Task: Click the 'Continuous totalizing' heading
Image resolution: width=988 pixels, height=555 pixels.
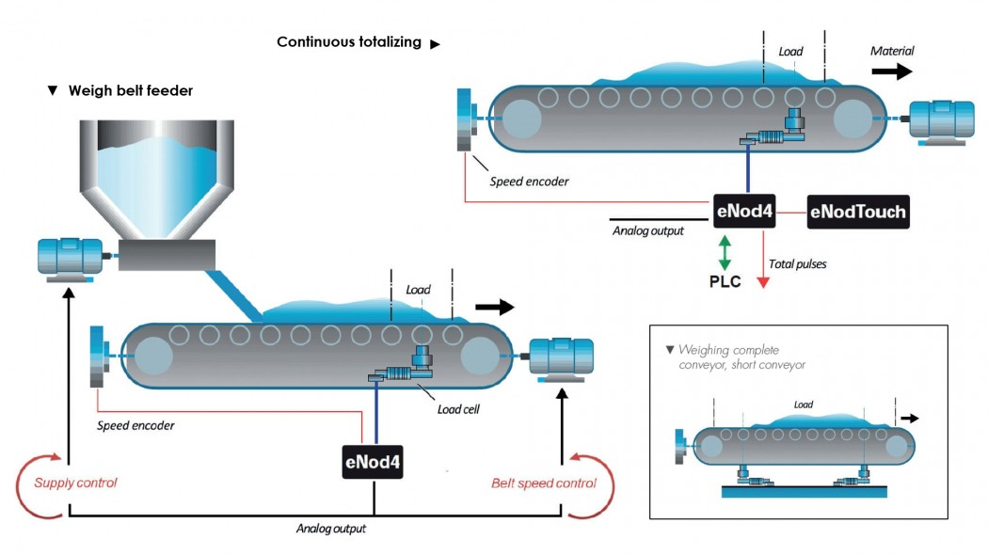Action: coord(349,42)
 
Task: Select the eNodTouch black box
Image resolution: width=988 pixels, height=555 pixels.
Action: coord(857,213)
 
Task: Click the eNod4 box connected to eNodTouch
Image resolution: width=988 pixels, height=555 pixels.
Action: coord(743,213)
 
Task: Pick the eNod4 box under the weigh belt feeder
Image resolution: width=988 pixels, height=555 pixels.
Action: coord(373,463)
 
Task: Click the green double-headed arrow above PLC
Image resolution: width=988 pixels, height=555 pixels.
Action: coord(724,251)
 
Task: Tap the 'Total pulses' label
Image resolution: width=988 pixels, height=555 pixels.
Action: coord(798,264)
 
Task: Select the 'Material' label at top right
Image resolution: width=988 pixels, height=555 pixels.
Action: coord(891,51)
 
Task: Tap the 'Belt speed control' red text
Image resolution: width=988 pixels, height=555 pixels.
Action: coord(543,484)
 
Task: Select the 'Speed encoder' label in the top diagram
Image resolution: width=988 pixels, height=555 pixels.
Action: coord(529,182)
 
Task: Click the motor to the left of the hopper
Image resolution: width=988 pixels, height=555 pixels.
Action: coord(70,258)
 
